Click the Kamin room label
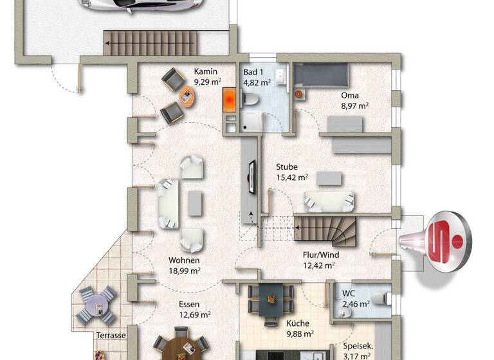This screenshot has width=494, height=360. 206,72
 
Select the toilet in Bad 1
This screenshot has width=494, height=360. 253,100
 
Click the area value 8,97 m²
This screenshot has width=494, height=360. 354,106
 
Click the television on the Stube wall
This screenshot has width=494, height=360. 250,179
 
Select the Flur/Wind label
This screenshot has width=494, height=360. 320,254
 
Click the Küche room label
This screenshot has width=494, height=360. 295,323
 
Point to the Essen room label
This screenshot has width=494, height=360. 190,304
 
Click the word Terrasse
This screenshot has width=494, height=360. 111,336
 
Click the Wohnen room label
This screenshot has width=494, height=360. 184,260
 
